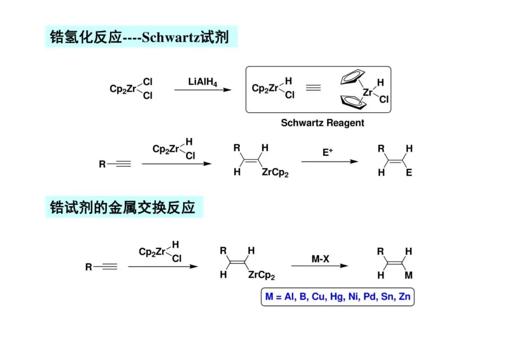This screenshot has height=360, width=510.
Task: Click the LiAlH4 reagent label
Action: point(203,82)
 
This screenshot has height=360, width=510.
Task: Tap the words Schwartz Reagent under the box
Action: point(323,123)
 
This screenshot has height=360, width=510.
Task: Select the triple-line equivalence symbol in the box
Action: point(313,88)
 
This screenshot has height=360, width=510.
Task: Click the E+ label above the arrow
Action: point(328,152)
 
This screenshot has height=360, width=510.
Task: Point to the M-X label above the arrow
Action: point(320,259)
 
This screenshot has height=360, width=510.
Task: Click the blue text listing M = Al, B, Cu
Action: point(337,297)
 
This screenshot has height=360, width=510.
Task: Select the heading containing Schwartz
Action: point(140,37)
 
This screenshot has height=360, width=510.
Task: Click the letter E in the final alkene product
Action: point(409,173)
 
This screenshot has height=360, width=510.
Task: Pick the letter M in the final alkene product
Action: point(408,275)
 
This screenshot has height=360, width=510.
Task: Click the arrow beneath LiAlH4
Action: point(203,89)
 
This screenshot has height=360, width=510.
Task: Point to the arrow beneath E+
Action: point(329,162)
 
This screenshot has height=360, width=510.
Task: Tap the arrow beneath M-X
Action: point(319,266)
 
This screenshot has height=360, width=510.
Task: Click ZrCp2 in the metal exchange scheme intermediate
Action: point(261,275)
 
